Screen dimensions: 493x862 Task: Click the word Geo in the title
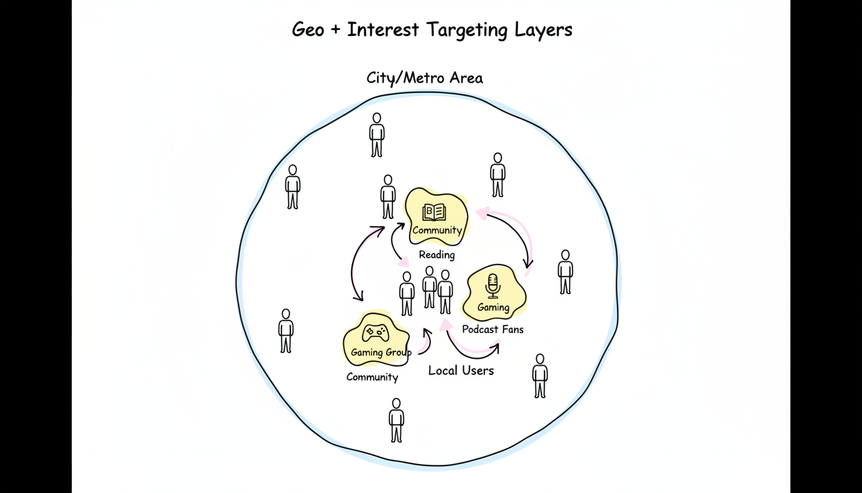pos(308,30)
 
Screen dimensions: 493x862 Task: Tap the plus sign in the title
pos(335,30)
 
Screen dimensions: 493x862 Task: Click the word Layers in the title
pos(543,30)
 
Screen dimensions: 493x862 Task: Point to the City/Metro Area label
pos(425,78)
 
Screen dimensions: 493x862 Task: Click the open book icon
pos(434,212)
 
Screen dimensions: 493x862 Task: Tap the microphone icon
pos(493,286)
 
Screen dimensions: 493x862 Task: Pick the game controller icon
pos(375,333)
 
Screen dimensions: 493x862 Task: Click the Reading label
pos(437,255)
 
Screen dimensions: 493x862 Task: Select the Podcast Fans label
pos(493,329)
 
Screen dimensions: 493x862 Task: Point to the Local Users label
pos(461,370)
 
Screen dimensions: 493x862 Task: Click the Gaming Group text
pos(381,352)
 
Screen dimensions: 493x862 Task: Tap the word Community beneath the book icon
pos(437,230)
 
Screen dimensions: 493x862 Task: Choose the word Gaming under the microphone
pos(493,307)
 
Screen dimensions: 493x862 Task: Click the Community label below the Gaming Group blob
pos(372,377)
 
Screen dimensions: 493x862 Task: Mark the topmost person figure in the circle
pos(377,135)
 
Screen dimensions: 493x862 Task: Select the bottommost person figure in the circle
pos(396,420)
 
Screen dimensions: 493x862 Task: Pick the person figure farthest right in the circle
pos(565,272)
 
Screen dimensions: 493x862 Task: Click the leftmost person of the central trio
pos(407,293)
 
